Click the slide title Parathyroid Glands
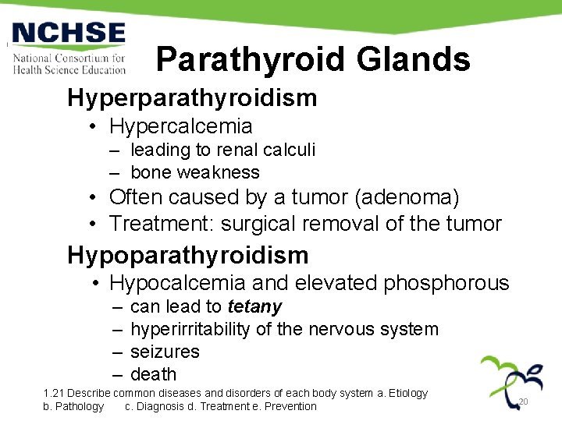click(x=312, y=59)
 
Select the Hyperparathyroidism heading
click(x=192, y=98)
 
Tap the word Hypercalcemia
click(x=181, y=126)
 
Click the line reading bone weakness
click(x=195, y=172)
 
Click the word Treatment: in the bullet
click(x=162, y=224)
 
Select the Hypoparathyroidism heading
click(x=188, y=255)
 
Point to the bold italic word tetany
click(x=254, y=307)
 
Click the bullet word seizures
click(x=165, y=352)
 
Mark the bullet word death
click(x=154, y=375)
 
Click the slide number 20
click(x=524, y=402)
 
